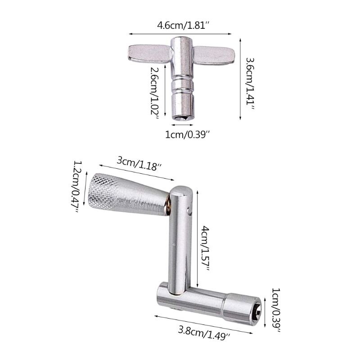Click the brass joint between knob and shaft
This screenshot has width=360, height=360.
pyautogui.click(x=167, y=207)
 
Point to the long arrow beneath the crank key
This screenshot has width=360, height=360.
pyautogui.click(x=202, y=324)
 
